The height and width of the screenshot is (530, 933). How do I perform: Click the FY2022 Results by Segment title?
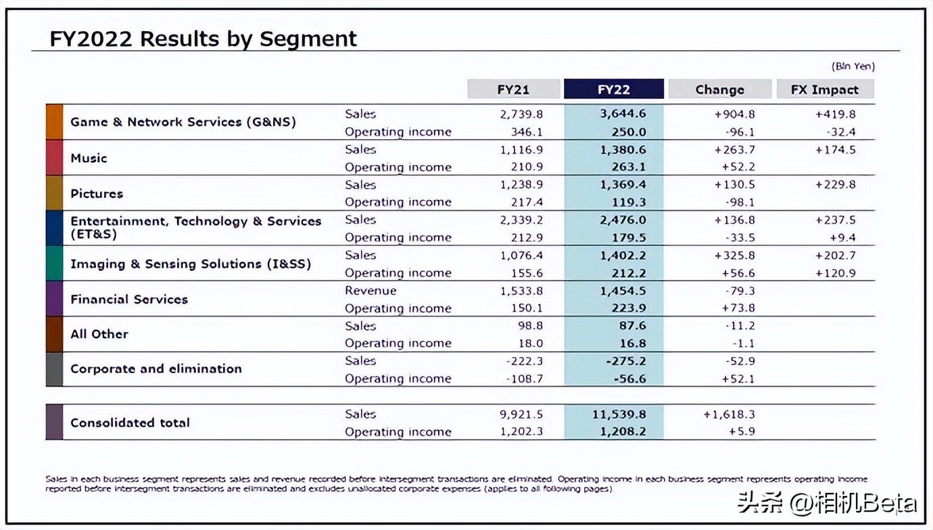[203, 39]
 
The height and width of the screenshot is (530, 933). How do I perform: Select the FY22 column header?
[613, 90]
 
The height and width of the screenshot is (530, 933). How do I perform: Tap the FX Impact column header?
[824, 90]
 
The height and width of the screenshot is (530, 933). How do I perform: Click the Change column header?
[719, 90]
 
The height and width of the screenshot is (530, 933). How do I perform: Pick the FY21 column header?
[513, 90]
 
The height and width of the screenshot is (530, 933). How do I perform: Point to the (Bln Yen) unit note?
[853, 66]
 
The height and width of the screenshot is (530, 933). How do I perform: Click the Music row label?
[89, 158]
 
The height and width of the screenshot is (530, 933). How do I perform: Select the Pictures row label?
[97, 193]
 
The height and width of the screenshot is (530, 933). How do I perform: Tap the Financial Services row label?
[128, 299]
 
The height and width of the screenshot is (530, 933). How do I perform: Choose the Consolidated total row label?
[130, 423]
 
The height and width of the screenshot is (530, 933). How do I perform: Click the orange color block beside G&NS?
[54, 122]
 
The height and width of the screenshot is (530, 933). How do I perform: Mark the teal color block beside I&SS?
[54, 264]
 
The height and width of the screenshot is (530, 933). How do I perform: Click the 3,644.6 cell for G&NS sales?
[623, 114]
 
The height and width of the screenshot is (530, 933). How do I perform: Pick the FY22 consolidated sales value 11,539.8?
[619, 414]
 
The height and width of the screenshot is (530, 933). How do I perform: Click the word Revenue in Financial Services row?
[370, 291]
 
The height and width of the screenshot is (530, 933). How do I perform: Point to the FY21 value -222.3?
[524, 361]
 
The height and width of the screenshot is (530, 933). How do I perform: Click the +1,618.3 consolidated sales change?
[729, 414]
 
